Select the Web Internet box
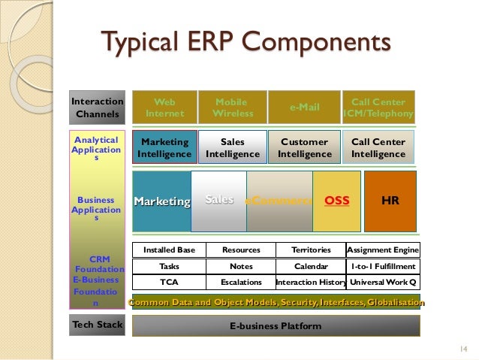164,107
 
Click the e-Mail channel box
304,107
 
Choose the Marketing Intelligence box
164,147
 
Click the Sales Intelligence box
233,147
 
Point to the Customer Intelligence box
304,147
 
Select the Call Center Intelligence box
378,147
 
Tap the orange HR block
390,201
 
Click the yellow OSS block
336,201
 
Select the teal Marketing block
161,201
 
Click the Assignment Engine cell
383,250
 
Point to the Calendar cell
311,266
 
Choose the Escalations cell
241,283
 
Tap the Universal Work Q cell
383,283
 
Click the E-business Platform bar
276,326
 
